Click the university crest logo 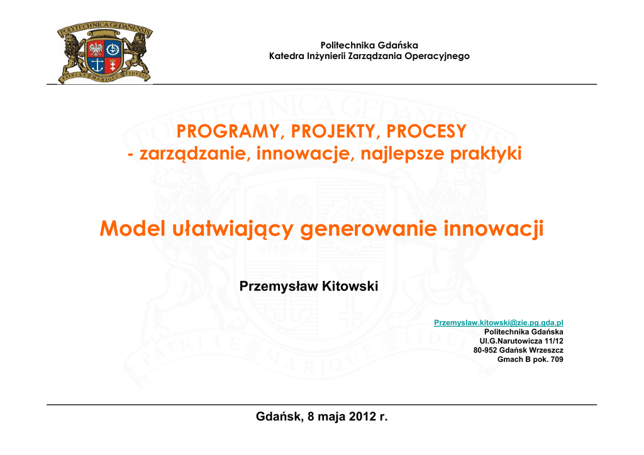(x=105, y=52)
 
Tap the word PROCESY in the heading (x=426, y=131)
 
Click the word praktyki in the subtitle (x=486, y=153)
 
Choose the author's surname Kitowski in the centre (x=350, y=286)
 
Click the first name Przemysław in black (x=279, y=287)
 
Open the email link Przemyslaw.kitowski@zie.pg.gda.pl (x=498, y=322)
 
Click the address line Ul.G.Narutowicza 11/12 (x=521, y=341)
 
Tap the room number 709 (x=557, y=359)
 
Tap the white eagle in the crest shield (x=96, y=49)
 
